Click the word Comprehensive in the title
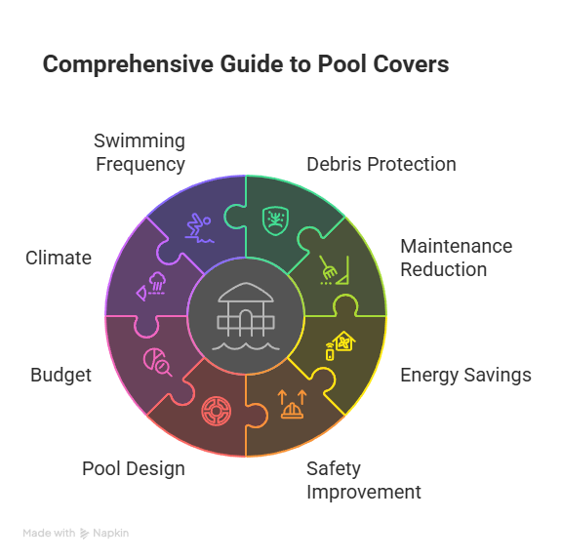click(128, 64)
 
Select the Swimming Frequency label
click(140, 152)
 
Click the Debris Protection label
click(381, 164)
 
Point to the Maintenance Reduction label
click(457, 258)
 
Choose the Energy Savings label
click(465, 376)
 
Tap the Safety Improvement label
click(364, 480)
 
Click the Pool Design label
click(134, 468)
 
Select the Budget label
click(60, 376)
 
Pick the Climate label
click(59, 258)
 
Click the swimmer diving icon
click(199, 228)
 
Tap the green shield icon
click(275, 220)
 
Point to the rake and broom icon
click(334, 270)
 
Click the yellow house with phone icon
click(341, 345)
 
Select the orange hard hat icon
click(292, 404)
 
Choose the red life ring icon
click(217, 412)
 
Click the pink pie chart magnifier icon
click(158, 362)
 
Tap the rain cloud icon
click(151, 286)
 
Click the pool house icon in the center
click(246, 316)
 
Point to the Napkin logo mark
click(84, 534)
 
